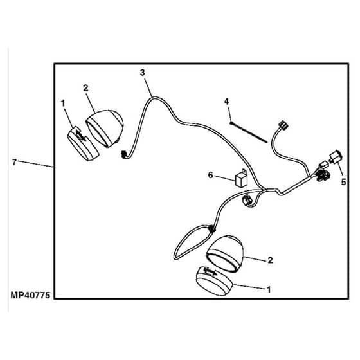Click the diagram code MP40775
30,295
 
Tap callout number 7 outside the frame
14,162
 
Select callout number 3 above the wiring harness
143,73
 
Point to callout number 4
226,101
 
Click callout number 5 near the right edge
343,182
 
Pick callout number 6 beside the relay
211,175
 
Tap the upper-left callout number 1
63,103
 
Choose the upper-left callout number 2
85,88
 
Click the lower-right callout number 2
270,260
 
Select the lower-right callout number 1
269,290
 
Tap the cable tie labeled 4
249,132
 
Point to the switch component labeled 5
336,156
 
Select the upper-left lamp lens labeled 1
83,144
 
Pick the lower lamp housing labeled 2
225,253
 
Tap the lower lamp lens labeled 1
214,281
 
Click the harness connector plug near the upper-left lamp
124,155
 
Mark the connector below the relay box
247,199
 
